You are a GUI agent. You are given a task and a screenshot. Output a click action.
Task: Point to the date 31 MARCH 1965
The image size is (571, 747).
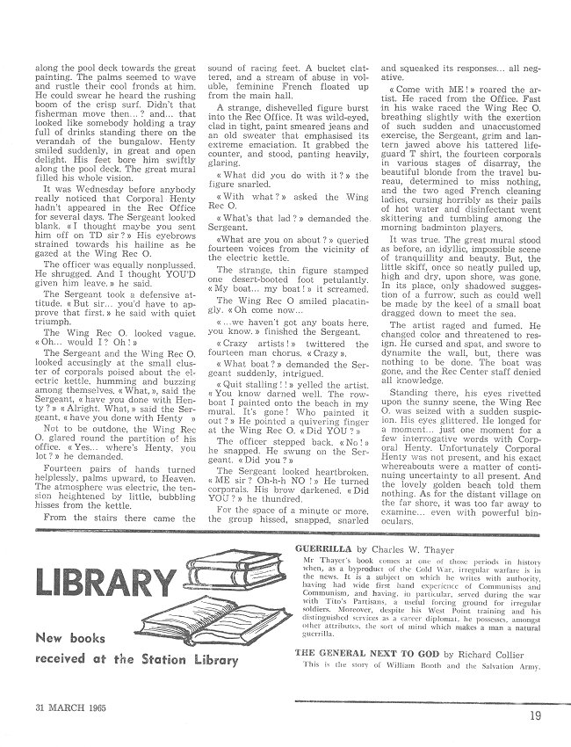tap(70, 708)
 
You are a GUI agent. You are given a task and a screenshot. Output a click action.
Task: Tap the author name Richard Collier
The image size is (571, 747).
tap(486, 678)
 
